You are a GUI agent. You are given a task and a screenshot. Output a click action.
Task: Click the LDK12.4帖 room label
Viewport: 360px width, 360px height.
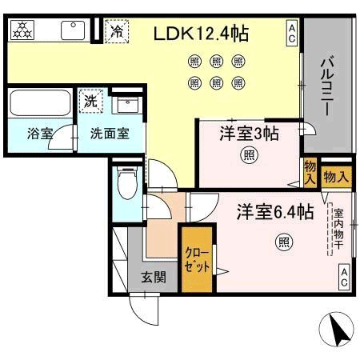[202, 34]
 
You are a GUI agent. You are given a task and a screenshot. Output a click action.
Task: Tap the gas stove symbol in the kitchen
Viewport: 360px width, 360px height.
[22, 30]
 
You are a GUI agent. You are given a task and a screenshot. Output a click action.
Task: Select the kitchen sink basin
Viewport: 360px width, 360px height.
[73, 30]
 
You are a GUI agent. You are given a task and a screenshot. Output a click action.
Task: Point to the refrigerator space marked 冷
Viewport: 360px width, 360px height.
[117, 31]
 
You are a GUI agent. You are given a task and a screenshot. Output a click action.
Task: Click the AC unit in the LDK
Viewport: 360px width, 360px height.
[292, 34]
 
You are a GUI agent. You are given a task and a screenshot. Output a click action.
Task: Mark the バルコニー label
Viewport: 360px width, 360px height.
[327, 87]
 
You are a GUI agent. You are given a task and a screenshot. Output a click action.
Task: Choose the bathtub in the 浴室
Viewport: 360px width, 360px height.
[40, 103]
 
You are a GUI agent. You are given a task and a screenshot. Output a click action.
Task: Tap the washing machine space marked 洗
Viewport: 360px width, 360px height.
[90, 101]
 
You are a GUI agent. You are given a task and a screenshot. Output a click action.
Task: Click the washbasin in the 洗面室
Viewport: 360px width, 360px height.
[128, 105]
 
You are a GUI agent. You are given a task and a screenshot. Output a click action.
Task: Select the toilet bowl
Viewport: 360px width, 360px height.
[127, 183]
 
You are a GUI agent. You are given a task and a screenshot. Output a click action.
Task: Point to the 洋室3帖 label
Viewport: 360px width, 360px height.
[250, 134]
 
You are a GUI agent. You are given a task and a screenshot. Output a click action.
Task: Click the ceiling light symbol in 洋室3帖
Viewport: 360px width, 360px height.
[250, 155]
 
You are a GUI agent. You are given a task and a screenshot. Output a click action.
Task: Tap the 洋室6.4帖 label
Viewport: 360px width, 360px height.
[275, 212]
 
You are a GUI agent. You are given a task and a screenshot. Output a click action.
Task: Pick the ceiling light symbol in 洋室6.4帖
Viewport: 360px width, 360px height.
[284, 242]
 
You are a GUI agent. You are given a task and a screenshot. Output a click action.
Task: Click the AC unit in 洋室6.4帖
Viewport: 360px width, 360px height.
[344, 278]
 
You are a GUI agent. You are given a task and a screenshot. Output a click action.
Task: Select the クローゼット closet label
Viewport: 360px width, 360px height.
[197, 259]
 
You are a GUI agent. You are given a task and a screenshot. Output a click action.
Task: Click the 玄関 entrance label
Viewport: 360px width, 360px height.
[154, 278]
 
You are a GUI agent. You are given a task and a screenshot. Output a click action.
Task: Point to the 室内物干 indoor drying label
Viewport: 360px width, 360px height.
[338, 230]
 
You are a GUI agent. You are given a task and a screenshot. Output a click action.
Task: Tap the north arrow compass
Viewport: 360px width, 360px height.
[336, 330]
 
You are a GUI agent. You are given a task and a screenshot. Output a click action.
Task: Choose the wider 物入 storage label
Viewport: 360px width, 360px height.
[336, 177]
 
